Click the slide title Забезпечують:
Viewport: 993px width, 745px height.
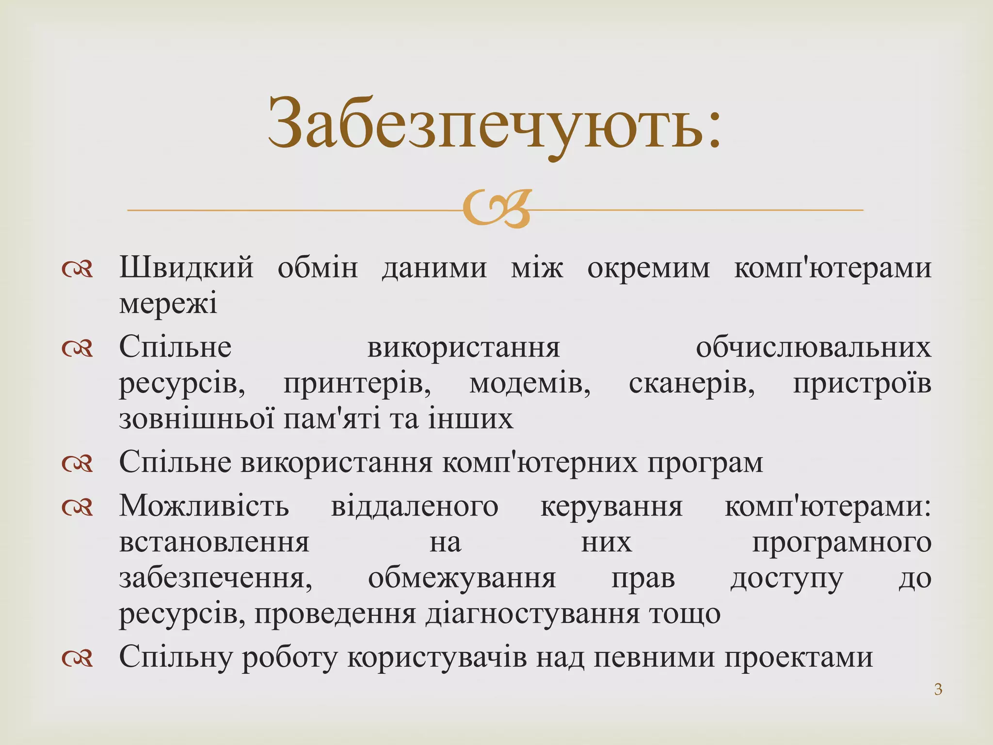point(495,124)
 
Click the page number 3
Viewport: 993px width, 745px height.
point(938,689)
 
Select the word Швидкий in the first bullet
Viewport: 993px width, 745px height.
point(186,268)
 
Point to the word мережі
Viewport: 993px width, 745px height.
point(168,304)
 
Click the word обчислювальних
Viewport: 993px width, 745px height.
point(813,348)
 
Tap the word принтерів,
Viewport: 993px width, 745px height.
point(357,384)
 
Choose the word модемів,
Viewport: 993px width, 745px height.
point(529,384)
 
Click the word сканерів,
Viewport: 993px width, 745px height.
point(691,384)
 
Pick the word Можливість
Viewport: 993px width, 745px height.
point(204,506)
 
